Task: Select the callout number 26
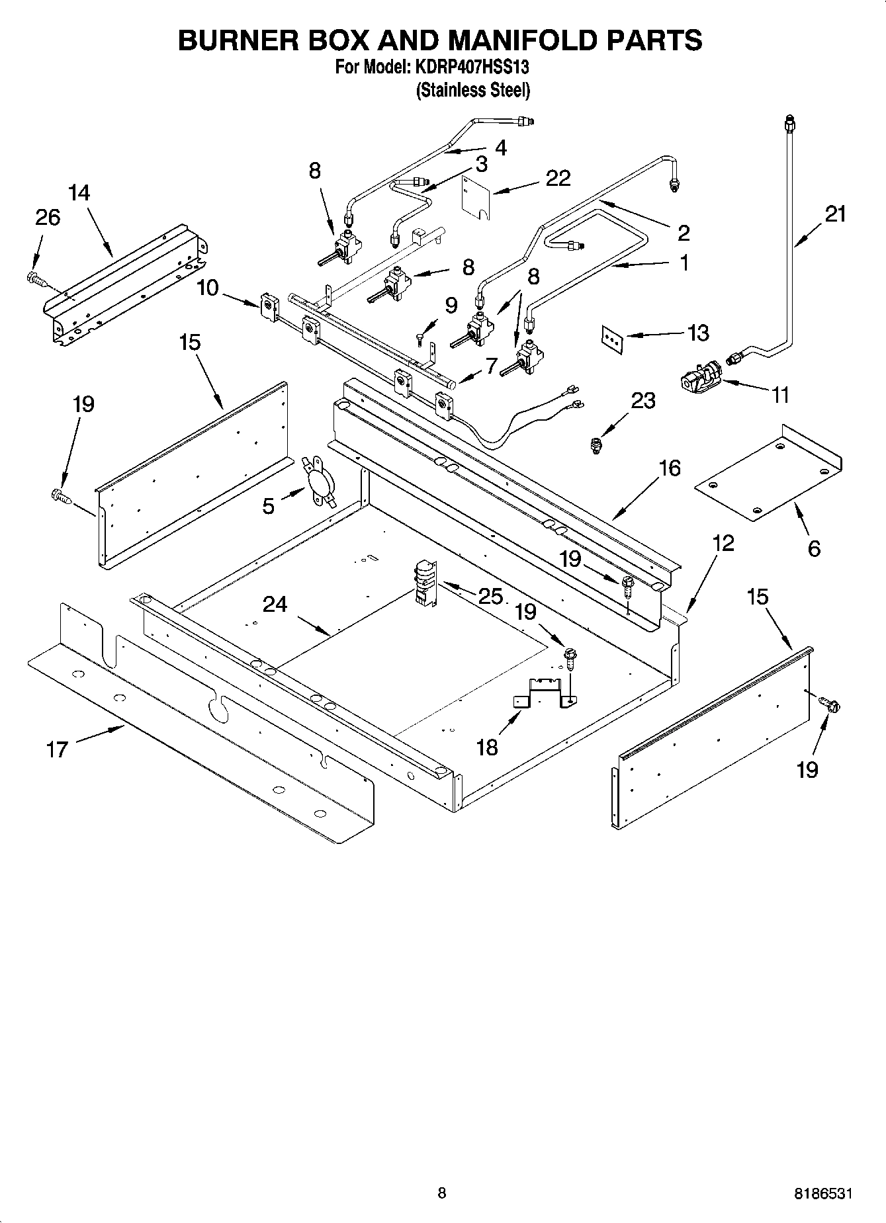(x=48, y=217)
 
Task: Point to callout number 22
(x=558, y=179)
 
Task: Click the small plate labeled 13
(x=613, y=339)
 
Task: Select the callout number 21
(x=835, y=214)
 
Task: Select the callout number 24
(x=275, y=604)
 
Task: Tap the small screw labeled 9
(x=420, y=339)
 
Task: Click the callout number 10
(x=208, y=288)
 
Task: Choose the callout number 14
(x=79, y=192)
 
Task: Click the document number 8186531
(x=822, y=1194)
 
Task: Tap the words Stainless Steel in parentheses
(x=472, y=90)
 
